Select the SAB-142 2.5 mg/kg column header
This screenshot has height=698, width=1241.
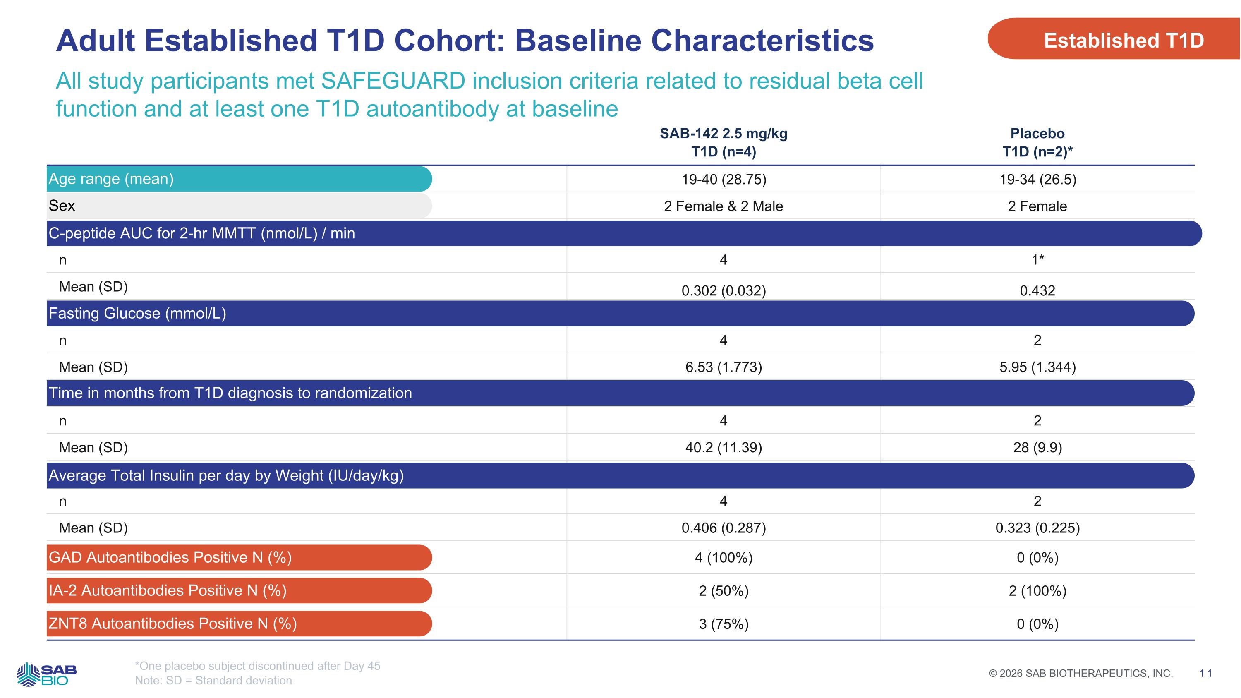(724, 143)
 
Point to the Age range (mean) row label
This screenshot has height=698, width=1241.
(111, 179)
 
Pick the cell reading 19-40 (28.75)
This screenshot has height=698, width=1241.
(724, 180)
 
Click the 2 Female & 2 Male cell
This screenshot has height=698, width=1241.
(724, 206)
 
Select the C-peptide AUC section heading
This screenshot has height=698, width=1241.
(202, 233)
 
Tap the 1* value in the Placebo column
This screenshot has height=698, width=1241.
(1038, 260)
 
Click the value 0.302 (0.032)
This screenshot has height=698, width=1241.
(724, 290)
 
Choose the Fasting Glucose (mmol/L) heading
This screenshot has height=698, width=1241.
(137, 314)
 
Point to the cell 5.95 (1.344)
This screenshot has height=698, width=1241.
(1038, 367)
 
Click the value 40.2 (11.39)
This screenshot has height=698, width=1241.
(724, 448)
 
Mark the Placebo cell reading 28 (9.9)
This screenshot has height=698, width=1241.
(1038, 448)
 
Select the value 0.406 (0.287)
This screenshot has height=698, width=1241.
(724, 528)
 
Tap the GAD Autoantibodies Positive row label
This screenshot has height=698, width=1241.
(170, 557)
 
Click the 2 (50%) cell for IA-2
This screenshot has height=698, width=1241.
(724, 590)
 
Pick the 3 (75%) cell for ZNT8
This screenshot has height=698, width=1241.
(724, 624)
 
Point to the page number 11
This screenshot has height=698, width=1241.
(1206, 674)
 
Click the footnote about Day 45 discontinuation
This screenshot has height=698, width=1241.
(258, 666)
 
